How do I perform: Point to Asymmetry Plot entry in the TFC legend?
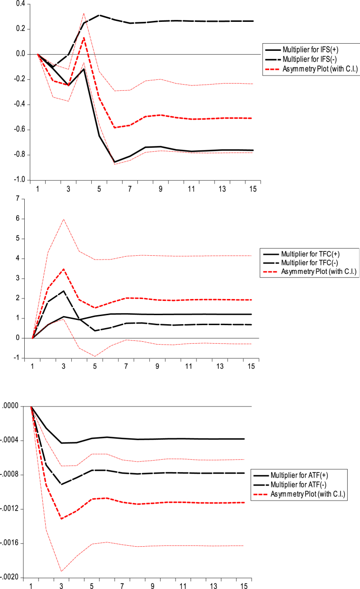coord(310,272)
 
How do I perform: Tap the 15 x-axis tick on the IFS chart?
coord(253,189)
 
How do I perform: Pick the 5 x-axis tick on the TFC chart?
coord(99,367)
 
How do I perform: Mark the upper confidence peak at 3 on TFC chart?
coord(63,219)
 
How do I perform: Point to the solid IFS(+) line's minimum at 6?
coord(114,162)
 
